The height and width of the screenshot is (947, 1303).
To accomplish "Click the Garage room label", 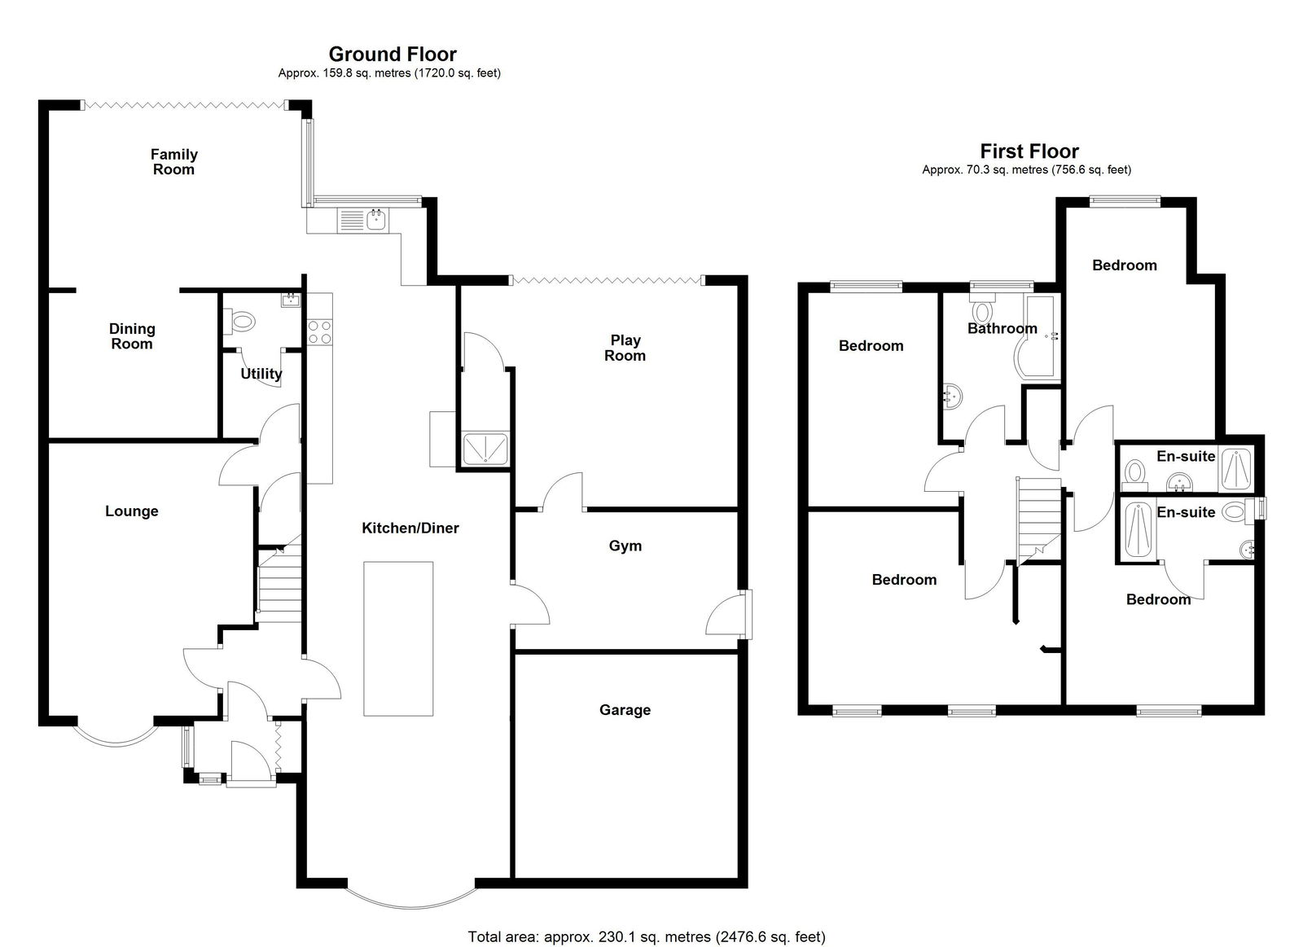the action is click(625, 710).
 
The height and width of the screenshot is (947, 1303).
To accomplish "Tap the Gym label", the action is click(625, 546).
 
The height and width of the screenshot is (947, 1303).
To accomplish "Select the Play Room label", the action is click(625, 348).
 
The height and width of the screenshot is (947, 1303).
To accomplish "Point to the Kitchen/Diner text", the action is click(410, 528).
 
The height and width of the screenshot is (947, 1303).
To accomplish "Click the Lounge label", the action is click(131, 511).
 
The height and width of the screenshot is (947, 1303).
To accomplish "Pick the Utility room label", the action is click(261, 374).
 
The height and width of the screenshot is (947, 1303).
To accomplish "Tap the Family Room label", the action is click(174, 162).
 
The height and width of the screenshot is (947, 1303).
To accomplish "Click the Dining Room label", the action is click(132, 336).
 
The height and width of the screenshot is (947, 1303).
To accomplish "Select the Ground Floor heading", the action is click(393, 54).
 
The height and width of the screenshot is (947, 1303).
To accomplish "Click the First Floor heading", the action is click(1029, 151).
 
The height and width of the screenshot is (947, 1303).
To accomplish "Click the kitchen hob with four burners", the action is click(319, 332).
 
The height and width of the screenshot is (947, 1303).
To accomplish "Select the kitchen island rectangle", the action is click(398, 638).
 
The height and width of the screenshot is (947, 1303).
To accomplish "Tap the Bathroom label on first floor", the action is click(1002, 328).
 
